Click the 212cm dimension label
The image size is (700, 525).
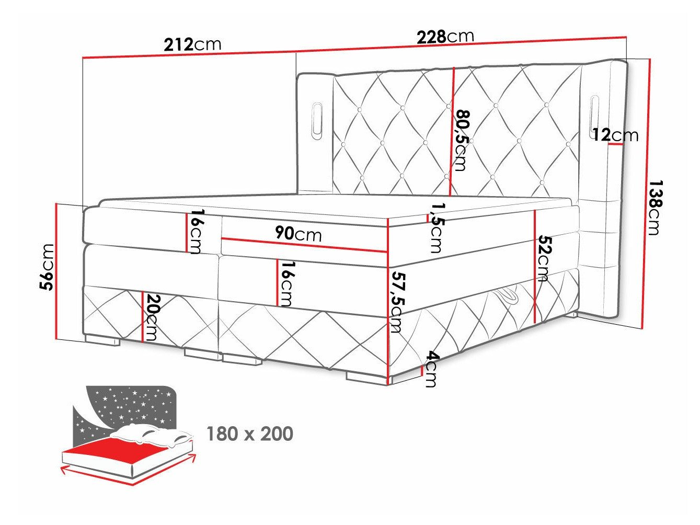192,44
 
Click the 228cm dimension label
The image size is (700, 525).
445,37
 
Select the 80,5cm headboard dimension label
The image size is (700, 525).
461,140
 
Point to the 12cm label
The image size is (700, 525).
615,135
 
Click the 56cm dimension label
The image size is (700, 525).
47,267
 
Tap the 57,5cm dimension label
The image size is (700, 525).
397,302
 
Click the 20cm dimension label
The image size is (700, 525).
151,317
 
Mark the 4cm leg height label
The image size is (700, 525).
430,369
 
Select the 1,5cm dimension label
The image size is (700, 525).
435,227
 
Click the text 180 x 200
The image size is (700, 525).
250,433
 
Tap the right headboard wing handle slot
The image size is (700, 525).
594,114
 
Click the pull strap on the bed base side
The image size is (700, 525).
507,295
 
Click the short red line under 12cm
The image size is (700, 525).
615,145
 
